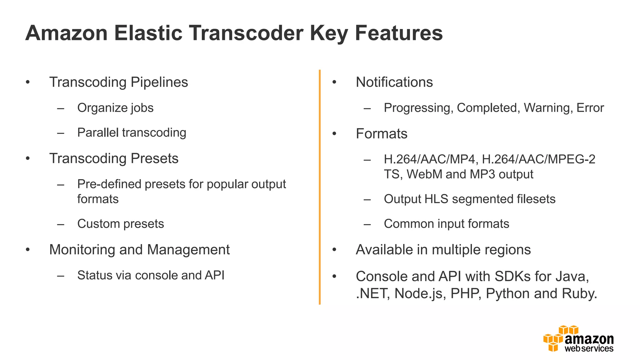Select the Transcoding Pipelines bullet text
tap(118, 82)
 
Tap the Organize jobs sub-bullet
tap(115, 108)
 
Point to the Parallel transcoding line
tap(132, 132)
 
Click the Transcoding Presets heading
tap(114, 158)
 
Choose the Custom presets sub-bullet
tap(120, 224)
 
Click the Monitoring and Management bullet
tap(139, 250)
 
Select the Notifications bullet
tap(394, 82)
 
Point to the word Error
tap(590, 108)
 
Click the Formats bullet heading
tap(381, 134)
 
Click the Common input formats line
tap(446, 224)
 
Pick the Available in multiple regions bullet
tap(443, 250)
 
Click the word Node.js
tap(420, 293)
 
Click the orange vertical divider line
tap(320, 187)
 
